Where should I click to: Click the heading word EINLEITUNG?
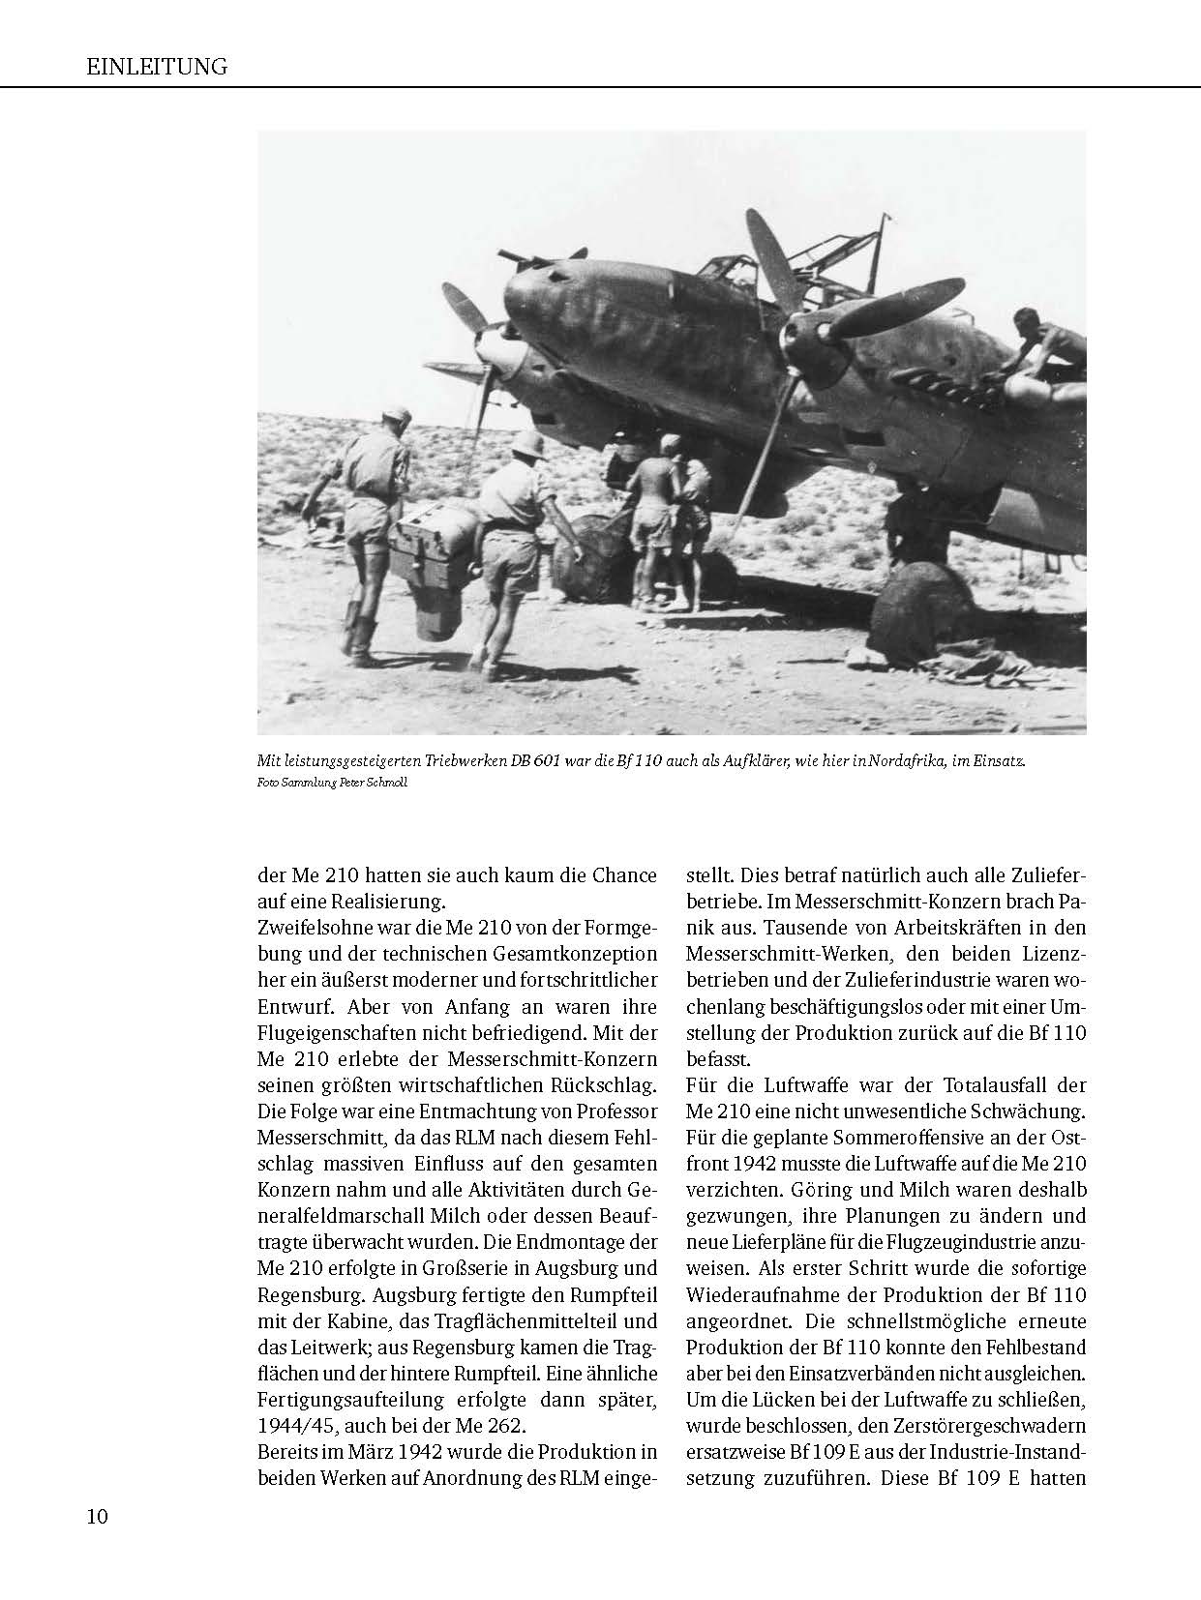[x=156, y=67]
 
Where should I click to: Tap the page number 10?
[x=97, y=1515]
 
